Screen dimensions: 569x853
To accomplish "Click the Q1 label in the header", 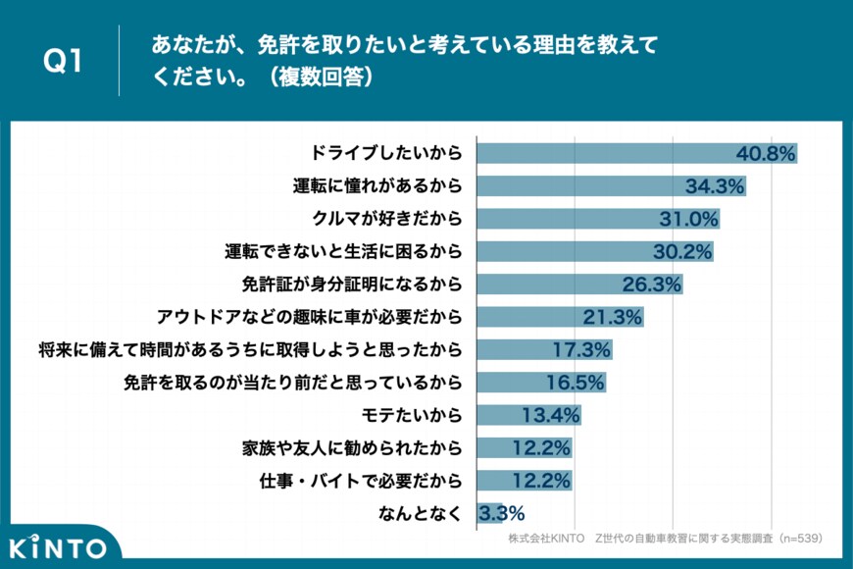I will coord(62,61).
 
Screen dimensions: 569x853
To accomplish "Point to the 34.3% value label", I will coord(715,186).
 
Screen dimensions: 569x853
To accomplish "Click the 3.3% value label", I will coord(501,513).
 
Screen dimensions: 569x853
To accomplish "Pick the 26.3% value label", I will coord(651,284).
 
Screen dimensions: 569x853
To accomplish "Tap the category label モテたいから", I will coord(412,415).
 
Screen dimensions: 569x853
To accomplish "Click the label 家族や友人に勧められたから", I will coord(352,448).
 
